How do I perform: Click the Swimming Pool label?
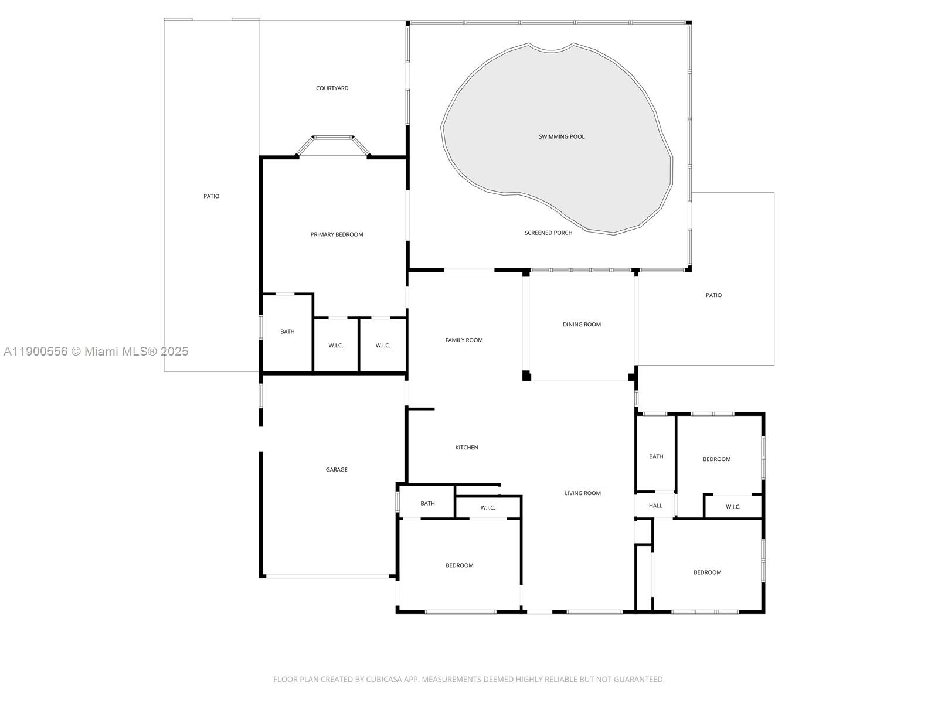click(x=562, y=136)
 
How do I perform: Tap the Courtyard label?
click(x=332, y=88)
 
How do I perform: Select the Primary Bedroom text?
click(x=337, y=234)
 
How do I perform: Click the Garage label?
click(x=337, y=470)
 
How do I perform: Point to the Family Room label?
click(x=464, y=340)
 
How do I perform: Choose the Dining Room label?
click(x=582, y=325)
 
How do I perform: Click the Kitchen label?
click(x=467, y=448)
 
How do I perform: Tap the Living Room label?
click(x=583, y=493)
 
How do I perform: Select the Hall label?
click(x=655, y=506)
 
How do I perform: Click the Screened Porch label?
click(x=548, y=233)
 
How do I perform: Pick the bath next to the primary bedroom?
click(x=287, y=332)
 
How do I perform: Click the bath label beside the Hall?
click(x=656, y=456)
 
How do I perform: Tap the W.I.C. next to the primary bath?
click(x=336, y=346)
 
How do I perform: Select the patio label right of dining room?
click(x=713, y=295)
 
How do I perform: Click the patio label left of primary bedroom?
click(x=211, y=196)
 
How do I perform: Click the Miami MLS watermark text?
click(x=96, y=351)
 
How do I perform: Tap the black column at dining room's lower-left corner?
click(x=526, y=376)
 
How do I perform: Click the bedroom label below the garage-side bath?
click(x=459, y=565)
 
